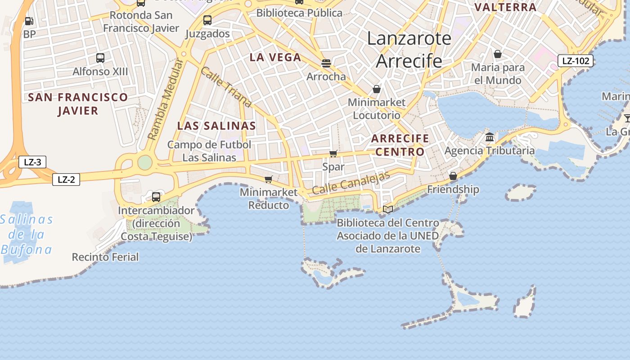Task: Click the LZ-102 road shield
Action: click(576, 61)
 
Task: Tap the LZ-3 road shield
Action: click(32, 162)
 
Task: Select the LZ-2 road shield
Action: click(66, 180)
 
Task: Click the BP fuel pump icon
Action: click(29, 21)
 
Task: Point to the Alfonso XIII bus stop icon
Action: click(100, 58)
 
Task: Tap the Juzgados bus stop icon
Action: click(207, 20)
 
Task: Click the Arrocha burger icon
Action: click(326, 63)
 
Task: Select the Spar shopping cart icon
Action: click(333, 154)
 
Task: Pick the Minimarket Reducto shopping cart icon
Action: click(269, 180)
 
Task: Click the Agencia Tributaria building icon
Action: click(490, 137)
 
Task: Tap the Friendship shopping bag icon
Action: click(453, 176)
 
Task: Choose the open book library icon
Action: click(388, 209)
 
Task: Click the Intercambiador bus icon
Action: click(156, 197)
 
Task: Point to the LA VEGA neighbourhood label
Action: click(275, 57)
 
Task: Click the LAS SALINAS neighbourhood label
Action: click(216, 126)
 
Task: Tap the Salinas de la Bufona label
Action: click(26, 234)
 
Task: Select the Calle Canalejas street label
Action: click(351, 183)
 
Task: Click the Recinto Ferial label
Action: click(105, 257)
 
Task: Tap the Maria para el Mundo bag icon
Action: click(498, 54)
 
